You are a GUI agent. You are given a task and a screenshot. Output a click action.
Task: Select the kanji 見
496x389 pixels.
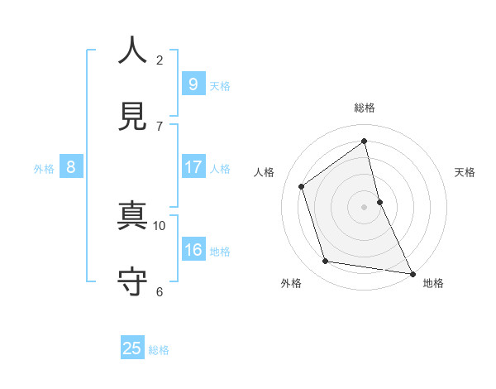[x=133, y=116]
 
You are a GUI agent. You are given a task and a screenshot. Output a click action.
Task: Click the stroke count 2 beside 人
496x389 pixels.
[x=160, y=60]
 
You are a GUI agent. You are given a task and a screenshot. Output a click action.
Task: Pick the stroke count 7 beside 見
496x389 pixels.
[x=160, y=126]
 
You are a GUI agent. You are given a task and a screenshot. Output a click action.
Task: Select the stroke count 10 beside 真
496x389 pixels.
[x=160, y=225]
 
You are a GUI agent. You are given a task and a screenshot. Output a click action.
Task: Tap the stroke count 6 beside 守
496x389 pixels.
[x=160, y=291]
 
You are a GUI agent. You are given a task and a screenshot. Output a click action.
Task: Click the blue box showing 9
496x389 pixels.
[x=193, y=84]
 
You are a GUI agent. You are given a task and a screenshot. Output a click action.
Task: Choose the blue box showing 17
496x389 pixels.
[x=193, y=167]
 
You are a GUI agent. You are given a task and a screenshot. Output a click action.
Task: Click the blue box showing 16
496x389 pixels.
[x=193, y=250]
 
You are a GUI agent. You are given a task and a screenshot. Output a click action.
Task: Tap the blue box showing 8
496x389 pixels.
[x=71, y=167]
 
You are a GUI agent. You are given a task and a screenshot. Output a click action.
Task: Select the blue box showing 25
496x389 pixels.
[x=132, y=348]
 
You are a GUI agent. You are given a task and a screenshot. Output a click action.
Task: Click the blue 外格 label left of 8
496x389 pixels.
[x=44, y=169]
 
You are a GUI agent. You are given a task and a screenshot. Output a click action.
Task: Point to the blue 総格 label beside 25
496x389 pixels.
[x=159, y=350]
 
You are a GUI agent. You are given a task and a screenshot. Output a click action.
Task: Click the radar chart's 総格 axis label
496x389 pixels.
[x=365, y=108]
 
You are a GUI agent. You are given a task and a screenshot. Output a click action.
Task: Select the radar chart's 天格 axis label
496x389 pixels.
[x=465, y=172]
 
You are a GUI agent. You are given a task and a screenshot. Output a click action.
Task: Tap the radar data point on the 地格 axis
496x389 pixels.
[x=412, y=272]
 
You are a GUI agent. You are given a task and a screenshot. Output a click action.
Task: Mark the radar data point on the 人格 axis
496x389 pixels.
[x=302, y=186]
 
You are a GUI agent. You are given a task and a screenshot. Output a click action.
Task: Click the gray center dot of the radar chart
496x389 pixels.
[x=365, y=206]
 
